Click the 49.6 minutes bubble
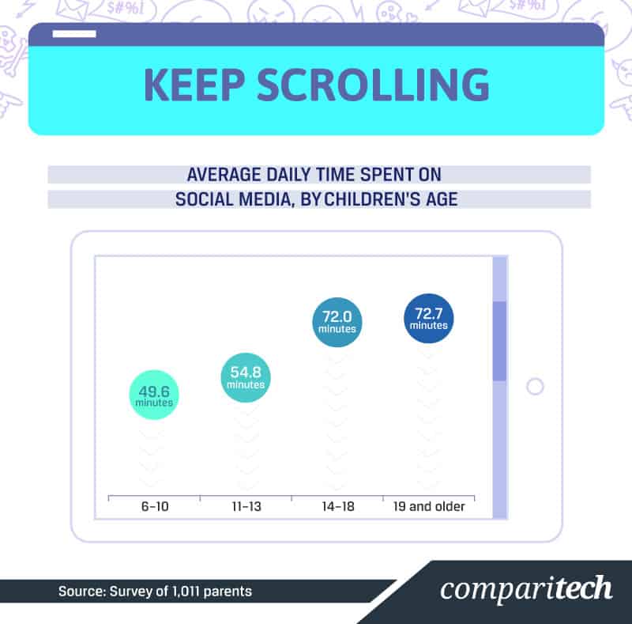click(x=154, y=395)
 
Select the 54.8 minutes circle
click(x=246, y=377)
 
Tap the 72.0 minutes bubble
click(x=337, y=322)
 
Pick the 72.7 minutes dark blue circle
click(x=429, y=318)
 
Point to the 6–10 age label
click(x=155, y=506)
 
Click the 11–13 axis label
click(x=246, y=506)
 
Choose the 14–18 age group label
click(x=338, y=506)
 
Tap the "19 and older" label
click(x=429, y=506)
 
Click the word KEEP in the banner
click(x=194, y=85)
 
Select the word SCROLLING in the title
click(x=373, y=85)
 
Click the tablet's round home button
click(x=535, y=386)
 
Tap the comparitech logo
click(x=526, y=588)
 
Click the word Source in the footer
click(x=82, y=592)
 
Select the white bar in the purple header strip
click(x=74, y=34)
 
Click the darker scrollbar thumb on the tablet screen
click(x=500, y=341)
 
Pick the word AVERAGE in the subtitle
click(x=224, y=175)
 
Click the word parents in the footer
click(x=228, y=592)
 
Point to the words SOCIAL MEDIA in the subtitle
click(x=235, y=199)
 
